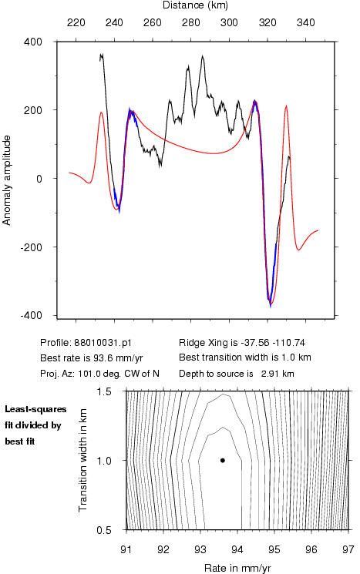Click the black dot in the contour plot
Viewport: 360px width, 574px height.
coord(222,460)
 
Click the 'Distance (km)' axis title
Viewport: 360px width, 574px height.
coord(195,5)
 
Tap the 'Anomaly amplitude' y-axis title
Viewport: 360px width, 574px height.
coord(7,180)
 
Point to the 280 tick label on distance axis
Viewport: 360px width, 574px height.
coord(191,22)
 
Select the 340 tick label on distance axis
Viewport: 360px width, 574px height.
coord(306,22)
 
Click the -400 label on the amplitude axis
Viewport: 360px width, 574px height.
coord(31,316)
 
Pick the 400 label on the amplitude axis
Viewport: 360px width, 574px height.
coord(33,42)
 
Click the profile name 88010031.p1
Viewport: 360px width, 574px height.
coord(103,343)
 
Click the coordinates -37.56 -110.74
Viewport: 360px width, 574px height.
coord(272,343)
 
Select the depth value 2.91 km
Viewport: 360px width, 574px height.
coord(278,374)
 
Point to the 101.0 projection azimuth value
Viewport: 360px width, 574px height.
coord(87,374)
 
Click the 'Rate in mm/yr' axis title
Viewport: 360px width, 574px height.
coord(237,568)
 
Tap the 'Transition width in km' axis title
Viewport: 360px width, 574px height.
coord(82,460)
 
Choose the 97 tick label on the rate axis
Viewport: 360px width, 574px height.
coord(348,549)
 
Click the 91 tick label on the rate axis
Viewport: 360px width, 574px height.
coord(126,549)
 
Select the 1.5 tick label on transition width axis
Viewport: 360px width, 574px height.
coord(104,391)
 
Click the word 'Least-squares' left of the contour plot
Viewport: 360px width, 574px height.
coord(35,409)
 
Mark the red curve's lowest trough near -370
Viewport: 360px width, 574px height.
coord(271,304)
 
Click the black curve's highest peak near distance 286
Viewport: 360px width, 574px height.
coord(203,56)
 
